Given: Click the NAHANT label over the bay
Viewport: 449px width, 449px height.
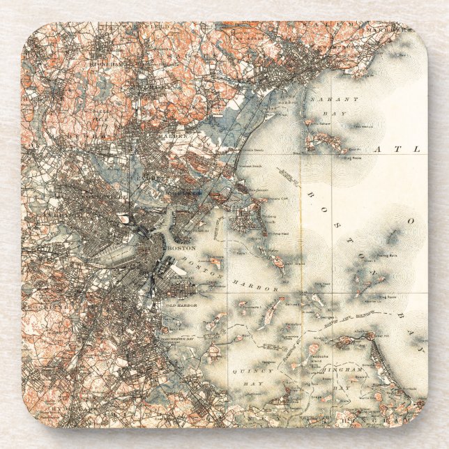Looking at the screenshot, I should [x=335, y=100].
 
